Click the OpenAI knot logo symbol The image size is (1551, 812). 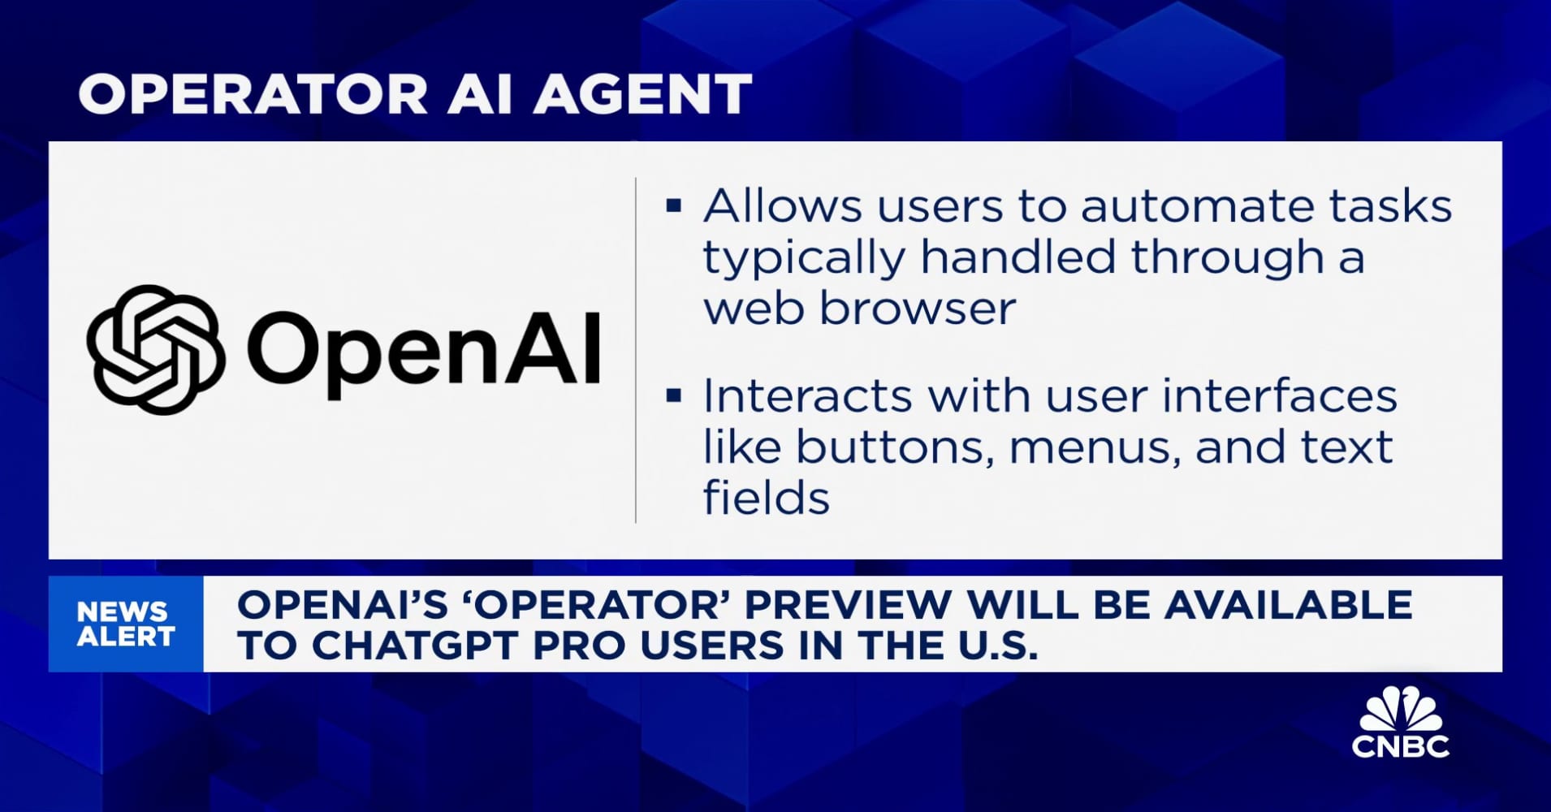155,349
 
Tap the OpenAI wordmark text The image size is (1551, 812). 423,351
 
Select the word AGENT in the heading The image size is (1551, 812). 642,93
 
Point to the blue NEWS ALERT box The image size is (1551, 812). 126,624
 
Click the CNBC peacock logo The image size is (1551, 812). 1400,723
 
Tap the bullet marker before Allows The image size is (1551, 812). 673,205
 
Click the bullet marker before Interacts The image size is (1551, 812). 673,395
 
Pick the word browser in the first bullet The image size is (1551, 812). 918,309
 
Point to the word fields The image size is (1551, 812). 766,498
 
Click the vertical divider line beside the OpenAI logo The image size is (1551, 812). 635,349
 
